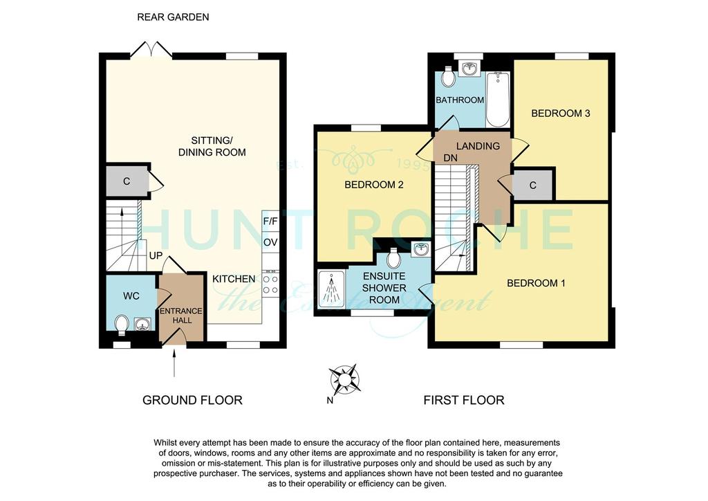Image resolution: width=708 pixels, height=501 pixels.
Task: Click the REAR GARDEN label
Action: click(x=173, y=17)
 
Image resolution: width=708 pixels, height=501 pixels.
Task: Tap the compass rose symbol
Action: click(x=344, y=379)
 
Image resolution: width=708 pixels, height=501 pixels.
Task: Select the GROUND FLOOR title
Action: click(x=192, y=400)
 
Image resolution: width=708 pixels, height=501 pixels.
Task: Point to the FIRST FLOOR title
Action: click(x=464, y=400)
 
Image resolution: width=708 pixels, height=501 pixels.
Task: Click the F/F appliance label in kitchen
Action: click(x=270, y=221)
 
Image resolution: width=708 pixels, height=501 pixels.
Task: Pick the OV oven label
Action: click(x=270, y=242)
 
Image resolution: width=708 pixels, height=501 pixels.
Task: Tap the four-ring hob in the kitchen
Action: click(x=271, y=284)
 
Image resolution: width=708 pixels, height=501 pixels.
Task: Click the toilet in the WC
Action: click(x=121, y=325)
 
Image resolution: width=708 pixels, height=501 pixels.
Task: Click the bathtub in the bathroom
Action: click(x=498, y=99)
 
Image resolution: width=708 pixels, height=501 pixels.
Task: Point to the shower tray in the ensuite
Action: click(x=331, y=289)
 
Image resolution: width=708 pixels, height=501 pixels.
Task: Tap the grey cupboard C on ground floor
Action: click(x=127, y=181)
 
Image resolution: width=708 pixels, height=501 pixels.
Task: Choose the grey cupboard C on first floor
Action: click(x=533, y=185)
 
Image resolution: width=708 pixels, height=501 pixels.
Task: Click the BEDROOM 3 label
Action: click(x=560, y=113)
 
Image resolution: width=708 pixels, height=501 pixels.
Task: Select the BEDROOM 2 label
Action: click(x=374, y=185)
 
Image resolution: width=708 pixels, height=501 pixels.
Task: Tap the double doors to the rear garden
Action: click(x=151, y=51)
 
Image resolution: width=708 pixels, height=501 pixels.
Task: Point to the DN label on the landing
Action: click(x=451, y=158)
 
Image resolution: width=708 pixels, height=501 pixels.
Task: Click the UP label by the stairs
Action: click(x=156, y=256)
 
